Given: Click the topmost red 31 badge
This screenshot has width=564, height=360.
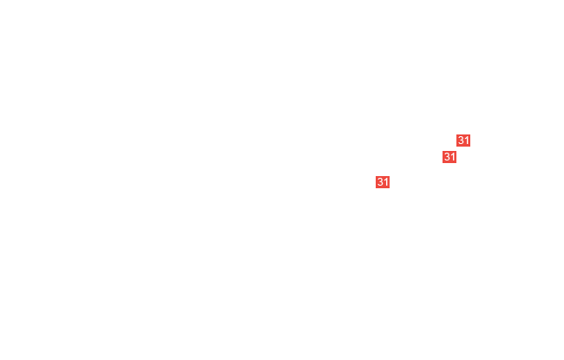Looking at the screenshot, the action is click(x=463, y=141).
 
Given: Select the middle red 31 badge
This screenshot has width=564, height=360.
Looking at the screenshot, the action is click(x=449, y=157).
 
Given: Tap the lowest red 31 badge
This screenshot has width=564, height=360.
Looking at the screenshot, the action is click(x=383, y=182).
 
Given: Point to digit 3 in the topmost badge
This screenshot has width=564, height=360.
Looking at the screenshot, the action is click(x=461, y=141).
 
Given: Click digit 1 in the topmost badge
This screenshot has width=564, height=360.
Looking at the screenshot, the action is click(x=467, y=141).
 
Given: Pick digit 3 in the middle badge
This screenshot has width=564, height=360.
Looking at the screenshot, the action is click(x=447, y=157).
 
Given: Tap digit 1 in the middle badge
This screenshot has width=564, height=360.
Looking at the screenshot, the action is click(x=453, y=157).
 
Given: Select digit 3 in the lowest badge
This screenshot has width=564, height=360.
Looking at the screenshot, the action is click(x=380, y=182).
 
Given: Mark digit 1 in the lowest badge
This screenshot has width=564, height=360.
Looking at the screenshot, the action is click(x=386, y=182).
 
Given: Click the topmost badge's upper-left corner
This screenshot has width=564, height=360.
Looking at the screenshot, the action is click(x=456, y=134).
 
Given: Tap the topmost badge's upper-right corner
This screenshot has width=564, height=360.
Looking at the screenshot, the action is click(x=470, y=134).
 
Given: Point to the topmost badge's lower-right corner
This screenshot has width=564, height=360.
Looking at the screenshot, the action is click(x=470, y=147).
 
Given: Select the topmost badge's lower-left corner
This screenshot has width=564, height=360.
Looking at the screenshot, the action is click(x=456, y=147).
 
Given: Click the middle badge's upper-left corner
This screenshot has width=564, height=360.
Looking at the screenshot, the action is click(x=443, y=151).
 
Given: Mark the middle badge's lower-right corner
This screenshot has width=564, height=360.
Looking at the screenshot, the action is click(x=456, y=163).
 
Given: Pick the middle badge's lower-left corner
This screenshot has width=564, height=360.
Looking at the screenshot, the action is click(x=443, y=163).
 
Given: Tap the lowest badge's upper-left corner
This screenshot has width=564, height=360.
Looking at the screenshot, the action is click(x=376, y=176).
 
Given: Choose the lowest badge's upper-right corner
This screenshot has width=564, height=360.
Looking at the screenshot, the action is click(x=390, y=176).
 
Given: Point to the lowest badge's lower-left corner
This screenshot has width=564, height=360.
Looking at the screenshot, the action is click(x=376, y=188).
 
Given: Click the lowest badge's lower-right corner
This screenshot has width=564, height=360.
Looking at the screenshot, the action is click(x=390, y=188).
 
